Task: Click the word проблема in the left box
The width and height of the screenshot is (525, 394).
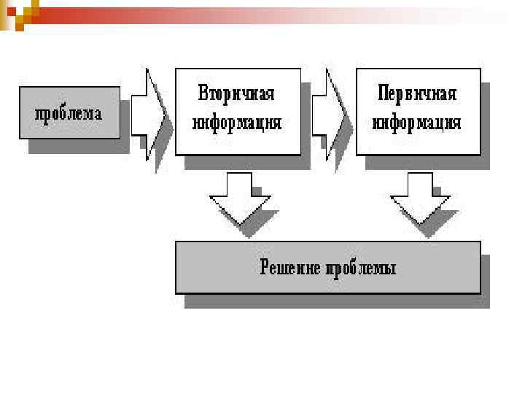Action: (69, 114)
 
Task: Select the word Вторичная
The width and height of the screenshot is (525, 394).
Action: (236, 95)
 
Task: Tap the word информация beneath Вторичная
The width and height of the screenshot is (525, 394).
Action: (236, 122)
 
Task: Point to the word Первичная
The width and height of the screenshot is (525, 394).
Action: (417, 95)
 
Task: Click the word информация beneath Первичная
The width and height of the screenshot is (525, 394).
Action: (417, 122)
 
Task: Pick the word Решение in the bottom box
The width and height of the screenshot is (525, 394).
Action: (291, 268)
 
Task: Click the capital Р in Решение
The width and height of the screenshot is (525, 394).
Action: (265, 267)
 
